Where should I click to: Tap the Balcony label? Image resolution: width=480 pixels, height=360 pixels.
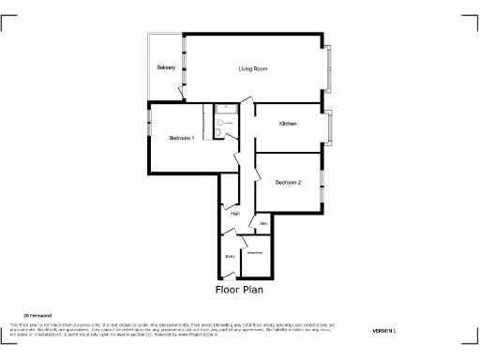166,68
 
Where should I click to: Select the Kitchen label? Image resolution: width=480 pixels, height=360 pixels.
288,124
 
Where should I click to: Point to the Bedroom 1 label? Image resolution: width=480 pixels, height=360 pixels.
181,138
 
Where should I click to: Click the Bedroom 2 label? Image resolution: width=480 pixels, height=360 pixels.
288,182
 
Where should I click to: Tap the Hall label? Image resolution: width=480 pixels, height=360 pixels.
235,214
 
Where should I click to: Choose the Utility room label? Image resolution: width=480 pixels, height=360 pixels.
263,223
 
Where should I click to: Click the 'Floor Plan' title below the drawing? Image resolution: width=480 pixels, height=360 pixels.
239,291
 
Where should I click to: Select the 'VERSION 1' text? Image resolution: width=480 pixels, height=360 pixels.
383,331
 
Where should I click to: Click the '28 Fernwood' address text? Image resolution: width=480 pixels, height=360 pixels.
37,315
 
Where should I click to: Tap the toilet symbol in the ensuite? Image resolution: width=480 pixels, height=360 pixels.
220,133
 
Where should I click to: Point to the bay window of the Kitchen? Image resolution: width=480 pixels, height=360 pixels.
329,125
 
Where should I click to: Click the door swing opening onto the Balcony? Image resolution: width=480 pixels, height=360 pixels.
178,92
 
